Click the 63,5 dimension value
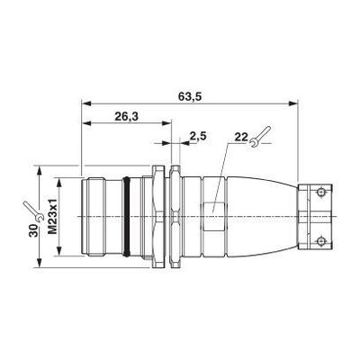point(190,97)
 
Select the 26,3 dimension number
point(126,116)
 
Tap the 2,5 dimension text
point(198,136)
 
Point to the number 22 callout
point(241,137)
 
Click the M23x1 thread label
point(53,217)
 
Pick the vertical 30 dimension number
point(33,230)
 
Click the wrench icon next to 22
point(260,137)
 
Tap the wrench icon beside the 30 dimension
point(33,211)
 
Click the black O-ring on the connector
point(126,217)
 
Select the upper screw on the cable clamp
point(321,192)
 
